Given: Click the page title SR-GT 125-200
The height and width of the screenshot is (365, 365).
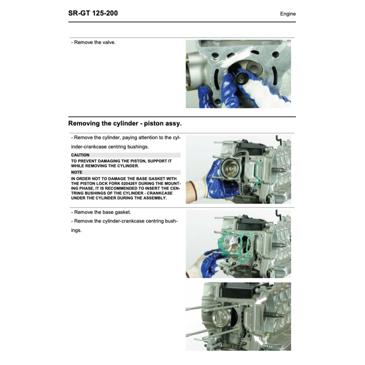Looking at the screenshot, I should tap(93, 13).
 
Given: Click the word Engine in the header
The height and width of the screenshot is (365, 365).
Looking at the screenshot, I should tap(288, 14).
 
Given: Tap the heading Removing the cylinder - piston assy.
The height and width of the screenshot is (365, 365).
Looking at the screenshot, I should tap(125, 123).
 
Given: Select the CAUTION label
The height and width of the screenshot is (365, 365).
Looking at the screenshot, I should tap(80, 155).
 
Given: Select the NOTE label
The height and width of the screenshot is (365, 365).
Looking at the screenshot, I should tap(77, 172).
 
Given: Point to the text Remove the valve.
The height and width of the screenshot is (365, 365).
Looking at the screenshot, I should tap(93, 42).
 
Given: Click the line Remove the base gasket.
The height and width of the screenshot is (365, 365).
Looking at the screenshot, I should tap(101, 212).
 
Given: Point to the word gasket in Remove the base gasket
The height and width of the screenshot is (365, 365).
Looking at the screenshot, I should tap(121, 212).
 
